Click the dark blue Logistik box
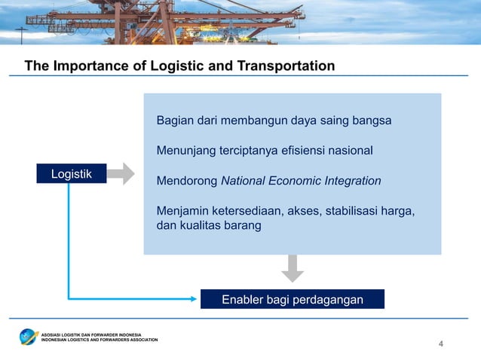pos(71,174)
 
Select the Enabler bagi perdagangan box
pos(292,300)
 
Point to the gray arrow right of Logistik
pos(119,174)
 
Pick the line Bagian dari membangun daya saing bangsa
pos(274,121)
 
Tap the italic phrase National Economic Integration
pos(301,181)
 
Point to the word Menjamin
pos(182,211)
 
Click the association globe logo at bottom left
pos(29,336)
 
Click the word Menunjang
pos(185,151)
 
